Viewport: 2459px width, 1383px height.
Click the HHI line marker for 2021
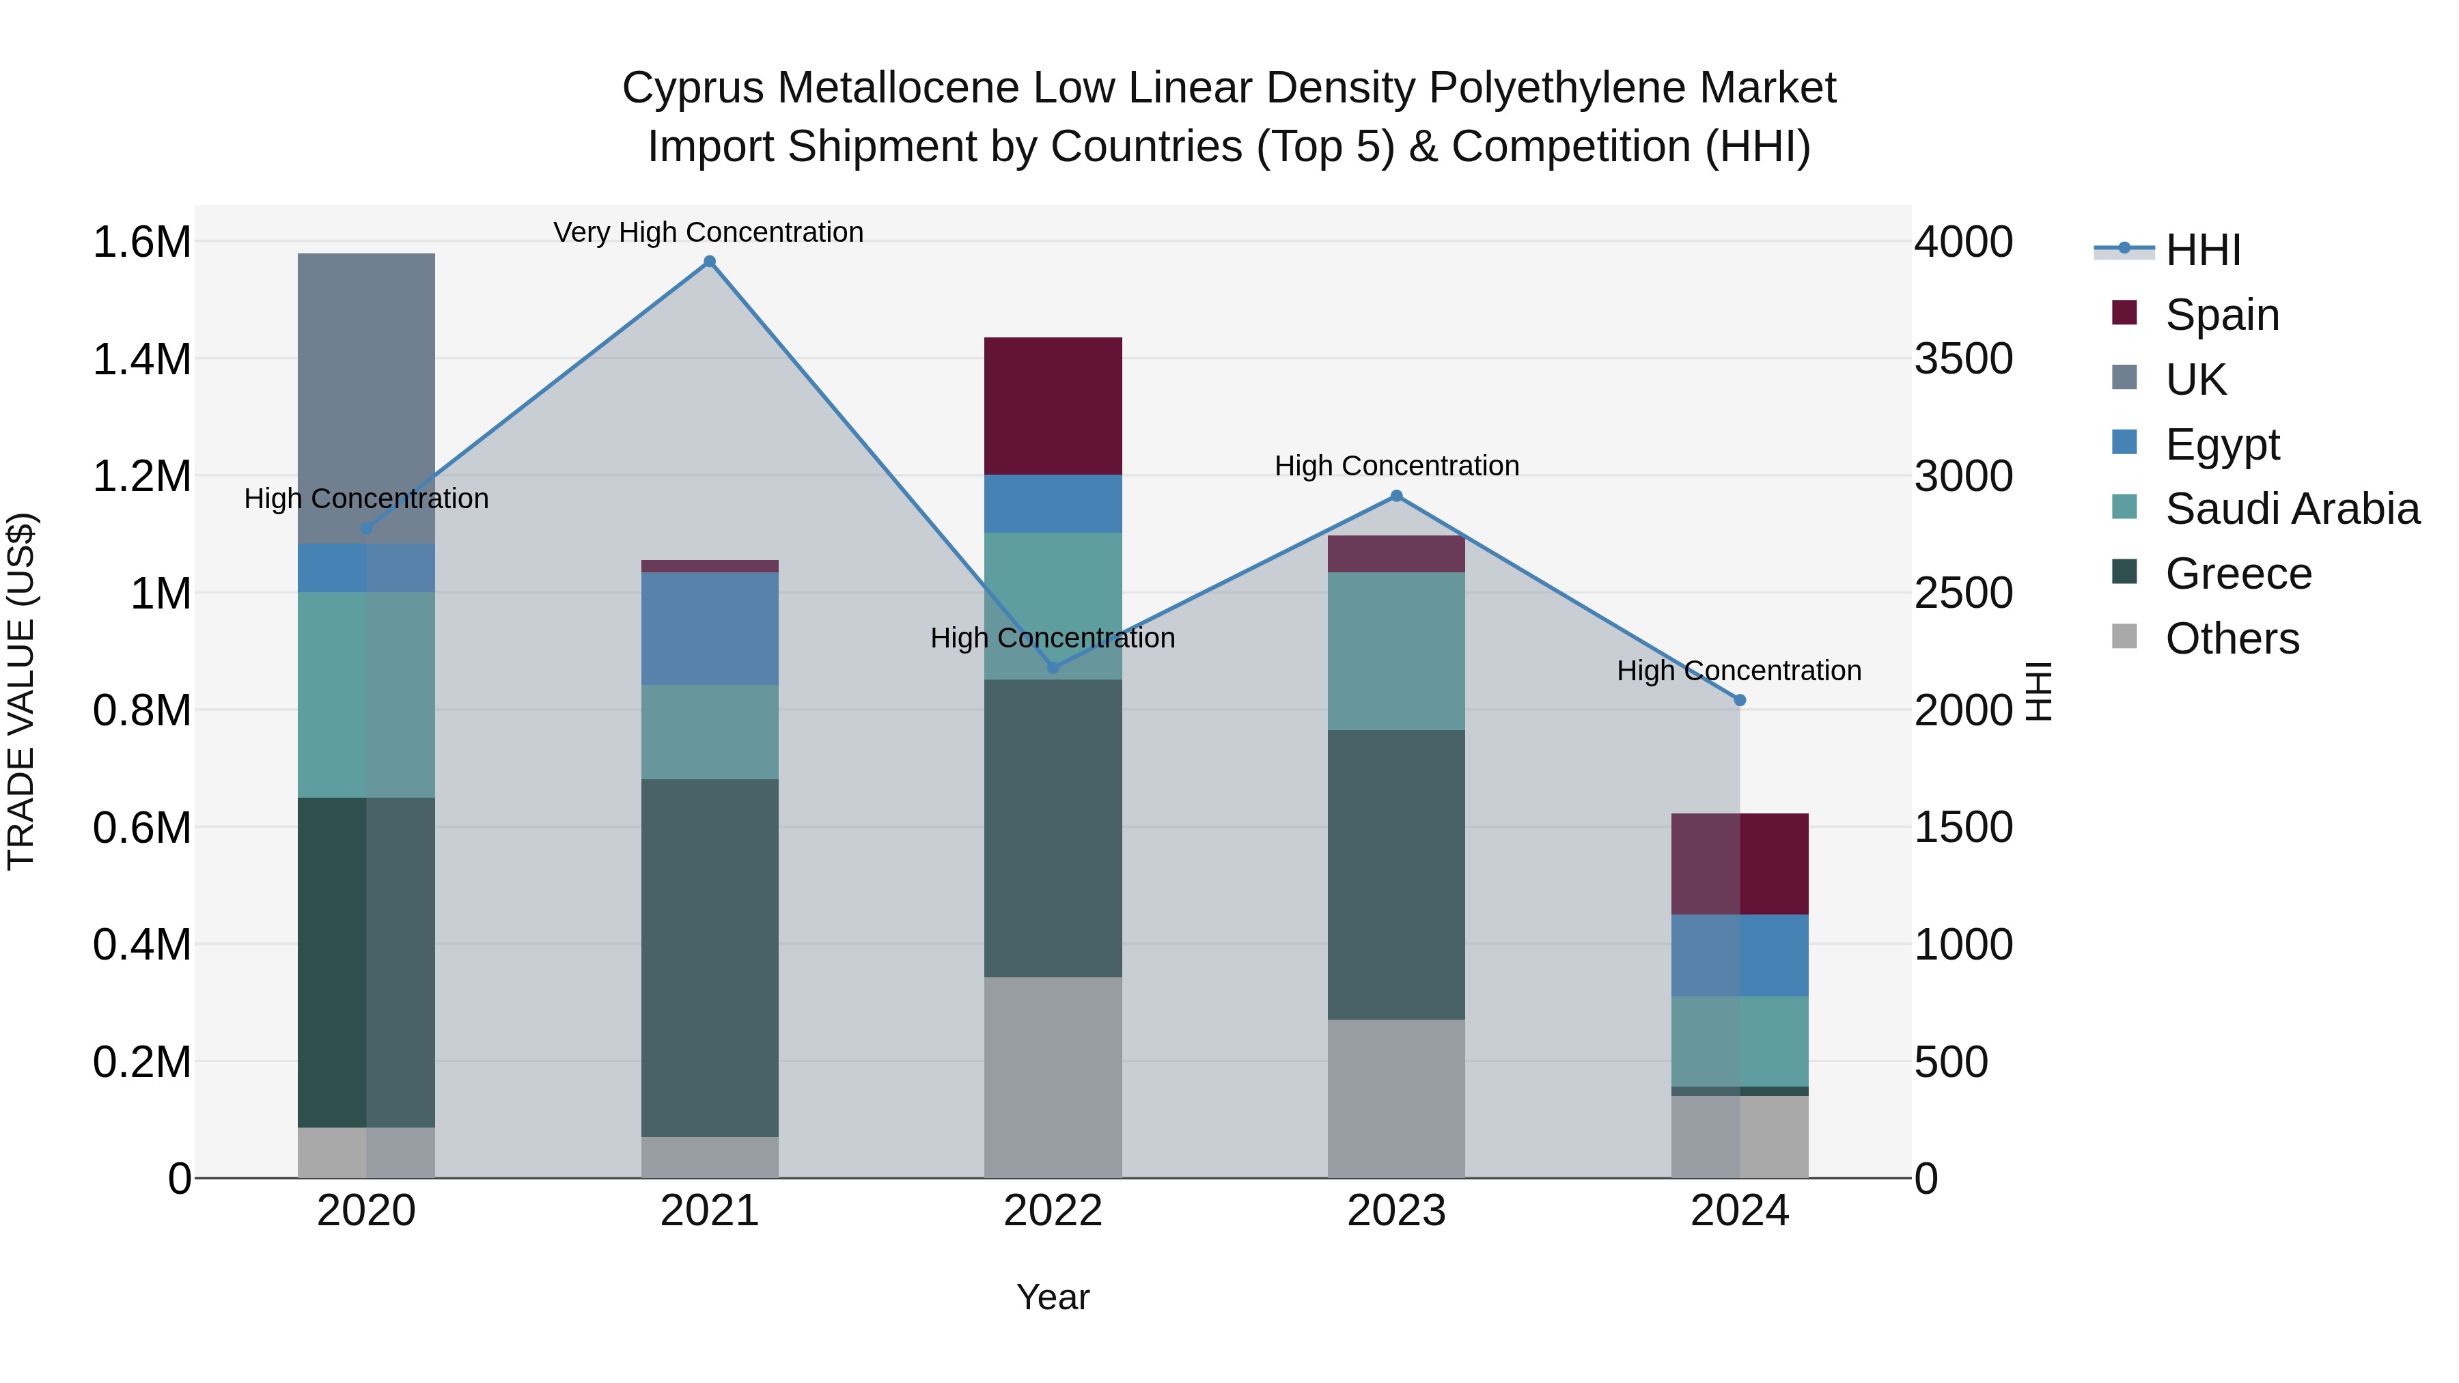pos(709,262)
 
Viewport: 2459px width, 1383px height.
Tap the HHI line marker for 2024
pos(1739,699)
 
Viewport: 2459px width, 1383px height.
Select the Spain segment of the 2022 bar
pos(1053,406)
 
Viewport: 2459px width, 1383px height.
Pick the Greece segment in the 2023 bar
pos(1395,874)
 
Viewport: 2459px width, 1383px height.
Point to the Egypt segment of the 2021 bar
pos(709,628)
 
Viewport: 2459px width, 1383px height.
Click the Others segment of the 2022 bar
pos(1053,1076)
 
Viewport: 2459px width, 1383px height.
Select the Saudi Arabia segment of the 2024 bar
pos(1739,1042)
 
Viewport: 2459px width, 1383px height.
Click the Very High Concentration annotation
pos(708,232)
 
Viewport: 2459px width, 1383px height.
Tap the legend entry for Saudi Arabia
pos(2292,509)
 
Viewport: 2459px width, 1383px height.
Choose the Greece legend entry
pos(2238,574)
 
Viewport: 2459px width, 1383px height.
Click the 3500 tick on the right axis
pos(1962,359)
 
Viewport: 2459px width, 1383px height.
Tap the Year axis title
pos(1052,1297)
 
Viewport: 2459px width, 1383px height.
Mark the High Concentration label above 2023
pos(1395,466)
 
